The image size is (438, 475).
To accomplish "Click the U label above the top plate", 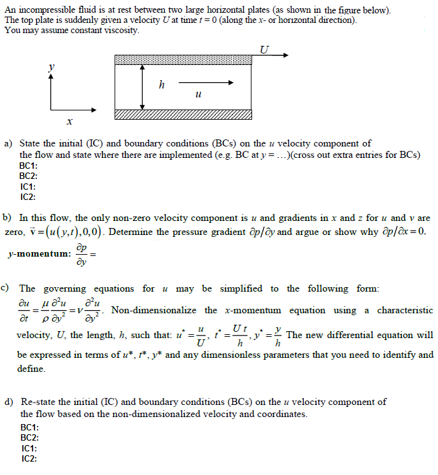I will (265, 50).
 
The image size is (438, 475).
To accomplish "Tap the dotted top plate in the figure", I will (183, 59).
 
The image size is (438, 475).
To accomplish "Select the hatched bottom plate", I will (183, 114).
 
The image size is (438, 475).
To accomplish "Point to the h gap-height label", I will (161, 85).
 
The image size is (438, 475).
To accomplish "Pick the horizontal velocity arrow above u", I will (206, 83).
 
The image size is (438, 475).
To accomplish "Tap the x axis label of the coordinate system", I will (70, 121).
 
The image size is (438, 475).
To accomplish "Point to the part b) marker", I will (8, 218).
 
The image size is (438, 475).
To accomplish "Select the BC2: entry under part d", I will (29, 437).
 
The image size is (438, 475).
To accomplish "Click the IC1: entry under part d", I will (29, 448).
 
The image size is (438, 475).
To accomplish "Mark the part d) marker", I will (9, 402).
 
